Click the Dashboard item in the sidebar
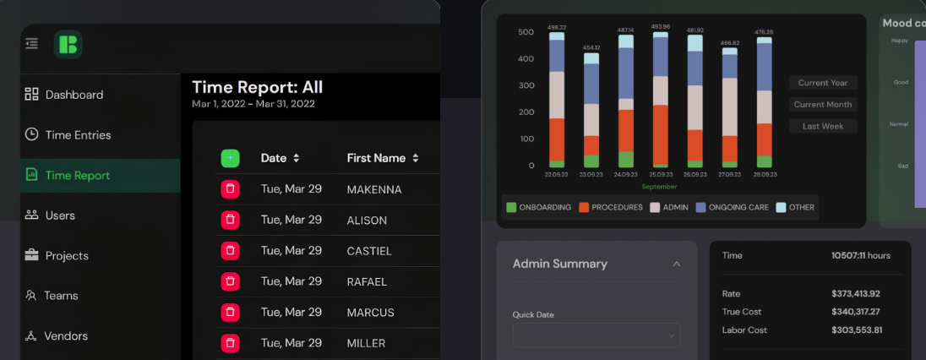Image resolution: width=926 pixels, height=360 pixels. pyautogui.click(x=74, y=95)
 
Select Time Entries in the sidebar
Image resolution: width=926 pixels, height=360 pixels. pyautogui.click(x=78, y=135)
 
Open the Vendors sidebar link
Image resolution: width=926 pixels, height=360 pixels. pyautogui.click(x=65, y=336)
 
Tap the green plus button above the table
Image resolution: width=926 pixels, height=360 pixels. pyautogui.click(x=230, y=158)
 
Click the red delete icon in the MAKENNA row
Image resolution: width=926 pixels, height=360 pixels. pyautogui.click(x=230, y=189)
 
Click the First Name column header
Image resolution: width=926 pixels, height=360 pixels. pyautogui.click(x=376, y=158)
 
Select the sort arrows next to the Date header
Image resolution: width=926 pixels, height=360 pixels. pyautogui.click(x=297, y=158)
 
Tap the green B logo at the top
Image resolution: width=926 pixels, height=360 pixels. pyautogui.click(x=68, y=45)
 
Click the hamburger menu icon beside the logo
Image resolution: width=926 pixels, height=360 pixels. pyautogui.click(x=32, y=43)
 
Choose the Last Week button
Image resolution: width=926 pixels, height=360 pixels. pyautogui.click(x=823, y=126)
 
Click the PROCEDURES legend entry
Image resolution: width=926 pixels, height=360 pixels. pyautogui.click(x=611, y=207)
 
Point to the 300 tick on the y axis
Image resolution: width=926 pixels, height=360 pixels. pyautogui.click(x=526, y=85)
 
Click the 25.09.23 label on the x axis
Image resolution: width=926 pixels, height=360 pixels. pyautogui.click(x=660, y=175)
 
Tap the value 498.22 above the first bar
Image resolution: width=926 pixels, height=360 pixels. pyautogui.click(x=556, y=27)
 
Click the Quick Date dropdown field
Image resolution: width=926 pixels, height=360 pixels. pyautogui.click(x=596, y=335)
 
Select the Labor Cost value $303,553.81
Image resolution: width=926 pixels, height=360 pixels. pyautogui.click(x=856, y=330)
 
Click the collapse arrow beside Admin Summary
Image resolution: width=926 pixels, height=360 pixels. pyautogui.click(x=676, y=265)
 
